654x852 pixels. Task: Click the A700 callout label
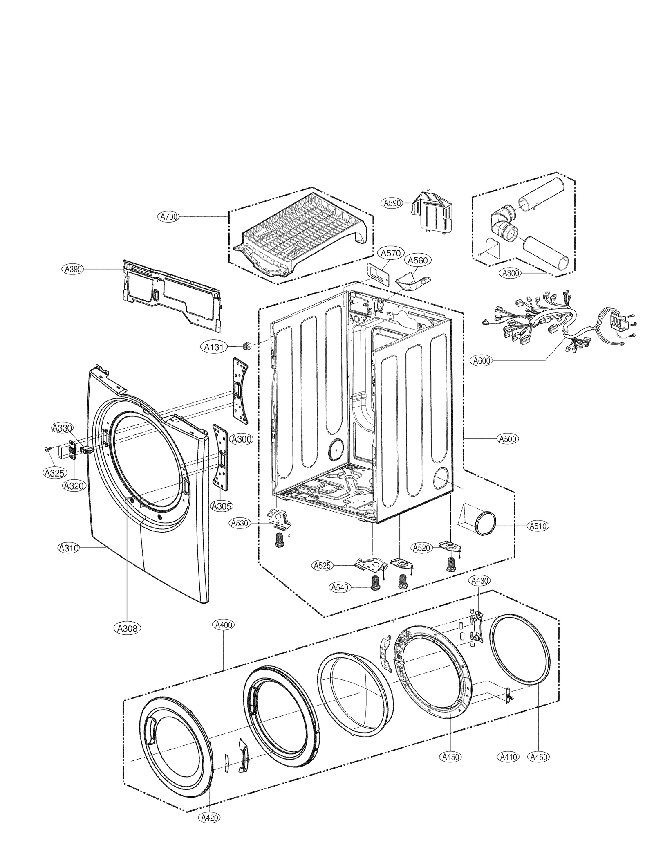click(x=169, y=217)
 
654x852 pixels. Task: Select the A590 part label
click(x=392, y=202)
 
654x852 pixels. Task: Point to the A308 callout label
click(x=127, y=628)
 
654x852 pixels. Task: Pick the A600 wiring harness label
click(x=482, y=361)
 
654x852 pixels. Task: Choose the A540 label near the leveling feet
click(x=340, y=587)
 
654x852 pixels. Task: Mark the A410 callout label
click(x=508, y=757)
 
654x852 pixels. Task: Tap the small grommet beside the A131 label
click(x=246, y=346)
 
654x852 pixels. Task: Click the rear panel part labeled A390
click(x=172, y=294)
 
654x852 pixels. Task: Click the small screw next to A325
click(x=47, y=449)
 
